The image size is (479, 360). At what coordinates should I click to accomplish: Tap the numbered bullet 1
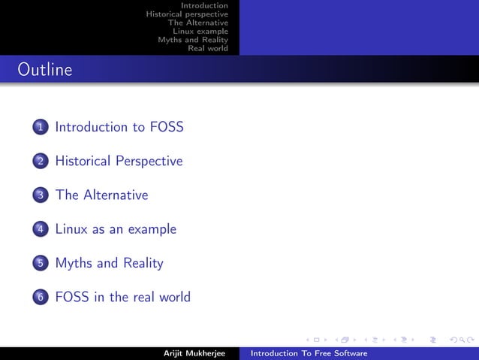[40, 127]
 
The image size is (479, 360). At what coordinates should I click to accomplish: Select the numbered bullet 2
[40, 162]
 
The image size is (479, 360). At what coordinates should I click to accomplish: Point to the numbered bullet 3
[40, 195]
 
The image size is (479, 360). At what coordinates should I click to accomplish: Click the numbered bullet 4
[40, 229]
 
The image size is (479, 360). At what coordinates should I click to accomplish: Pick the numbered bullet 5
[40, 263]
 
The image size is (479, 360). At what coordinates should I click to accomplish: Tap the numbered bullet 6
[40, 298]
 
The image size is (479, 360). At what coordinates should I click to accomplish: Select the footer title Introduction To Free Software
[309, 353]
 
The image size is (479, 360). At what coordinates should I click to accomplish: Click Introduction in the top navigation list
[209, 5]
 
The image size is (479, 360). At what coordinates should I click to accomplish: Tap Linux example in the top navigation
[200, 31]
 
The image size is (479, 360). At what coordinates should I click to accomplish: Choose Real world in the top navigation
[208, 49]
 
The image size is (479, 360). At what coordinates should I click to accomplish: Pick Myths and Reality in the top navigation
[193, 40]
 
